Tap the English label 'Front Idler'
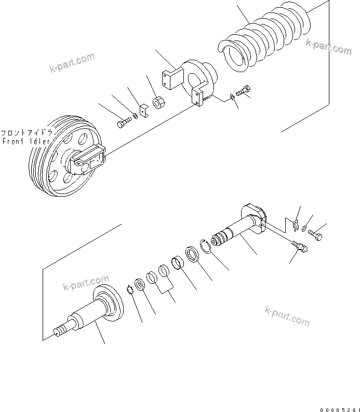(x=26, y=141)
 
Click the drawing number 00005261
(x=338, y=408)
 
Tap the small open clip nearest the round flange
(x=129, y=290)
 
